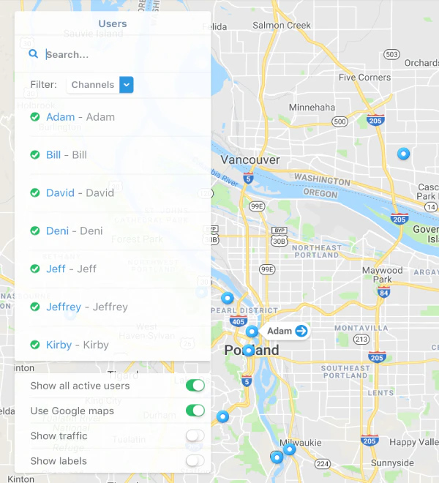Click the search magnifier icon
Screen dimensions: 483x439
tap(33, 53)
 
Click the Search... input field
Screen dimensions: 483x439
tap(121, 54)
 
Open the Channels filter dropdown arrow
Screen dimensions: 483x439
tap(127, 85)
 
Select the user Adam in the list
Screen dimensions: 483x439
tap(61, 117)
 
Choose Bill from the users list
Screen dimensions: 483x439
tap(53, 155)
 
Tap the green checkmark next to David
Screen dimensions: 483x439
tap(34, 193)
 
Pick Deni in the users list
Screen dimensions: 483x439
tap(57, 231)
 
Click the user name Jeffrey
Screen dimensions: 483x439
tap(64, 307)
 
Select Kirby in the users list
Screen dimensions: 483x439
tap(59, 345)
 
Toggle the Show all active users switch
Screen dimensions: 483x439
tap(195, 386)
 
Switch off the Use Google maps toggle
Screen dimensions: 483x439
tap(195, 411)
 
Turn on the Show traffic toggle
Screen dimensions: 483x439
tap(195, 435)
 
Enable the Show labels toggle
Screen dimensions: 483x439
tap(195, 460)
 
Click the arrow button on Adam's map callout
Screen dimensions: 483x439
tap(301, 331)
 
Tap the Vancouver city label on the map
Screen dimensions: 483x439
tap(250, 160)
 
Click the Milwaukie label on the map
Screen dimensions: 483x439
tap(300, 442)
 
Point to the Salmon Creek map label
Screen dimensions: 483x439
tap(282, 26)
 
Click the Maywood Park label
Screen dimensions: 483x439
tap(382, 274)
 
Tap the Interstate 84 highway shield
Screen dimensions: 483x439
tap(384, 293)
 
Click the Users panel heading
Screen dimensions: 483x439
tap(112, 23)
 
